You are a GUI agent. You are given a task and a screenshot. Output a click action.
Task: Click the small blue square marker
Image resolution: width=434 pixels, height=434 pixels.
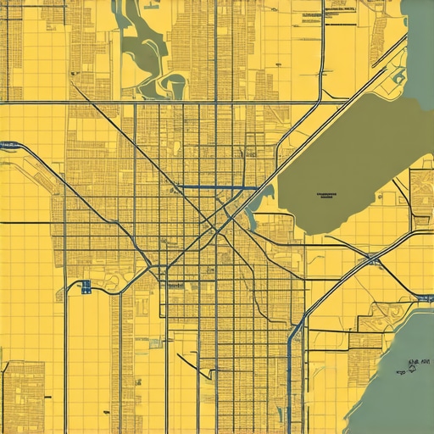coord(86,287)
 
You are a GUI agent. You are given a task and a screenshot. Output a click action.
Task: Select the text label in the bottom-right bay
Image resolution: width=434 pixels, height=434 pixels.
coord(415,364)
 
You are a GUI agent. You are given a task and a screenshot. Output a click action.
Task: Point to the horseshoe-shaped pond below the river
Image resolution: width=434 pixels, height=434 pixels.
coord(174,84)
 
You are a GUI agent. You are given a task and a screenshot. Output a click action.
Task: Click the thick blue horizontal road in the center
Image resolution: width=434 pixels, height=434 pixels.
coord(212,186)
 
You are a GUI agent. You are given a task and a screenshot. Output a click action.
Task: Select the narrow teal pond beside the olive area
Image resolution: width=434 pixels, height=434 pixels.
coord(269,197)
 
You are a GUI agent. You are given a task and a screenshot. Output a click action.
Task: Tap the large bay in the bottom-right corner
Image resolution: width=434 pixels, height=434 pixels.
coord(398,390)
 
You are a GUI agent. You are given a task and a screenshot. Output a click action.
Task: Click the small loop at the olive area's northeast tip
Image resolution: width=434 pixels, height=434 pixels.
coord(397,78)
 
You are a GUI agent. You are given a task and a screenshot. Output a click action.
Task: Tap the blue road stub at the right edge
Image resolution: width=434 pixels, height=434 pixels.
coord(424,298)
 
